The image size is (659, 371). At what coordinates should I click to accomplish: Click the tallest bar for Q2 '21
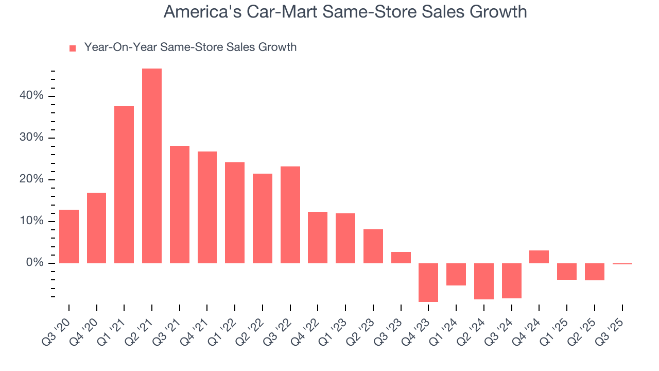(x=152, y=166)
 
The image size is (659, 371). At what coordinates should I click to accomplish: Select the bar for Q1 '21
(x=124, y=184)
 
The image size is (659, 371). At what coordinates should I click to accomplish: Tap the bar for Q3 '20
(x=69, y=237)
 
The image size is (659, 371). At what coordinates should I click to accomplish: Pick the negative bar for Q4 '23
(x=428, y=282)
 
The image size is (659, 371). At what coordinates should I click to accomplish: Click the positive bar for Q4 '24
(x=539, y=257)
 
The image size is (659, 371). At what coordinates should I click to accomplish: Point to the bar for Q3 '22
(x=290, y=215)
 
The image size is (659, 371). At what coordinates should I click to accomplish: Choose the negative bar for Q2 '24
(x=484, y=281)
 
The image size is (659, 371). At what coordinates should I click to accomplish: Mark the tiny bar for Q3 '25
(x=622, y=264)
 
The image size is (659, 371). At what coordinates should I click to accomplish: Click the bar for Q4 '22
(x=318, y=238)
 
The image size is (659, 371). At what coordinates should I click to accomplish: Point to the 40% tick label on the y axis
(x=32, y=96)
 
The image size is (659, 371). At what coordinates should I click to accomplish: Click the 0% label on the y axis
(x=35, y=263)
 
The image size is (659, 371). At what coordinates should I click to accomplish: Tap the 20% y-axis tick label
(x=32, y=180)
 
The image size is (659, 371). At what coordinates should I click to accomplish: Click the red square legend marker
(x=73, y=48)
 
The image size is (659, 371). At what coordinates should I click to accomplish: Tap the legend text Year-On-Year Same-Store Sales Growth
(x=190, y=47)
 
